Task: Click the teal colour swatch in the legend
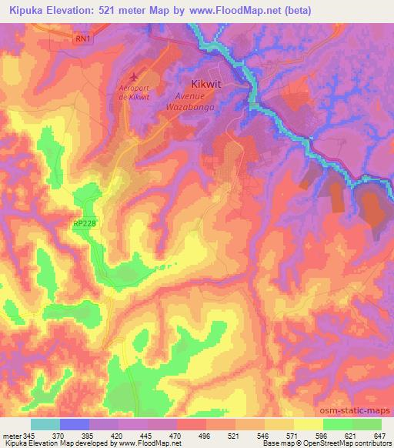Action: click(45, 424)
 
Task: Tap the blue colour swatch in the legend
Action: click(74, 424)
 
